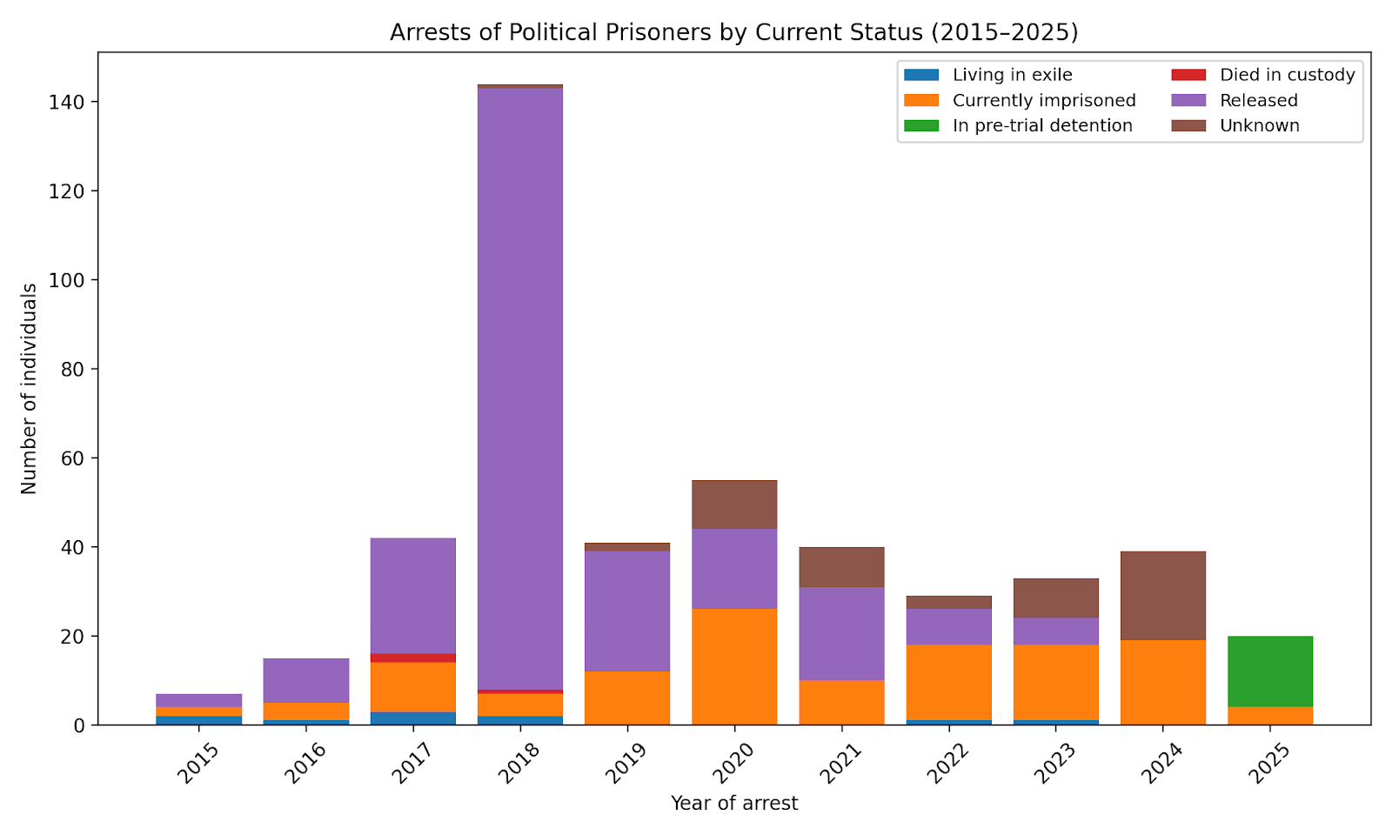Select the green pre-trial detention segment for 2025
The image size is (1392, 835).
click(x=1270, y=671)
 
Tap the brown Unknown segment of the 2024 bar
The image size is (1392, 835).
click(x=1163, y=596)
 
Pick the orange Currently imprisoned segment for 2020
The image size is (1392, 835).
click(x=734, y=666)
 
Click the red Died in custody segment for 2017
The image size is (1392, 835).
click(x=413, y=658)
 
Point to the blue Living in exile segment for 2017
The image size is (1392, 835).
click(x=413, y=718)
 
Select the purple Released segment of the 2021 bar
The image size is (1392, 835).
click(x=841, y=633)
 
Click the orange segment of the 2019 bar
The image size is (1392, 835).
click(x=627, y=698)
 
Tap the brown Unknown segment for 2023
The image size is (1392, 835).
click(x=1056, y=598)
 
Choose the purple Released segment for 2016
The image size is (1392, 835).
click(x=306, y=680)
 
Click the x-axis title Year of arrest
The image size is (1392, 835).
click(x=733, y=804)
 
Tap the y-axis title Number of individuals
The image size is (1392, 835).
click(x=30, y=389)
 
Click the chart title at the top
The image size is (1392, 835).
click(x=733, y=32)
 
